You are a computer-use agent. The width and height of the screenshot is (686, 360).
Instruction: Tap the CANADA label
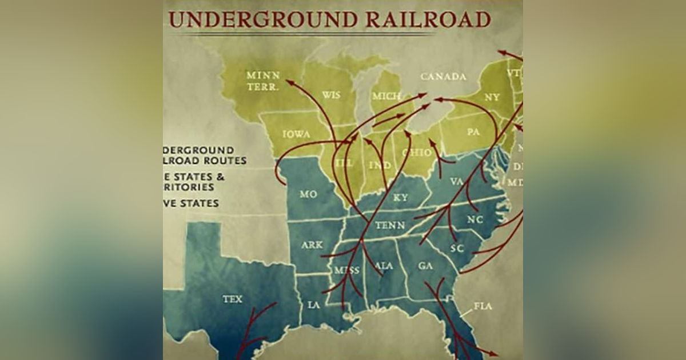[443, 77]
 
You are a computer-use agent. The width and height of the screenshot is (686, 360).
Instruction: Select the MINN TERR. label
[263, 81]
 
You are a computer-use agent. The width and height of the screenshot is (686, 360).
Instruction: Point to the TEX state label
[232, 299]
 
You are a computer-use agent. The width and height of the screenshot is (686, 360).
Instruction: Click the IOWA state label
[296, 134]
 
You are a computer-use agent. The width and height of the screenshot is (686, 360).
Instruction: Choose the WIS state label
[332, 94]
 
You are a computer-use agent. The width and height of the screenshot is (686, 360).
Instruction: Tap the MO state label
[308, 194]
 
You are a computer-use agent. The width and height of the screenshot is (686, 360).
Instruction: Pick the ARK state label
[312, 245]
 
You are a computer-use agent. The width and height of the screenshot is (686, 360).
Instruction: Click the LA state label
[314, 305]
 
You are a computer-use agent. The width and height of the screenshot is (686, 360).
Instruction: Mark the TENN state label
[390, 226]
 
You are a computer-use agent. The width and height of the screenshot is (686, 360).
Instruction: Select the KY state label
[401, 198]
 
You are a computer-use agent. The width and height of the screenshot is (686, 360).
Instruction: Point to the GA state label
[425, 266]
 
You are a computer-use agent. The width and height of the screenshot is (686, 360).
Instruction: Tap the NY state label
[492, 97]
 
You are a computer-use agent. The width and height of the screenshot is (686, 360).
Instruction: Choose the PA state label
[473, 132]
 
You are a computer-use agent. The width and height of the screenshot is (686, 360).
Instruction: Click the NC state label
[474, 219]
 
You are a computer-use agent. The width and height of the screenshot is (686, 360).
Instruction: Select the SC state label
[457, 248]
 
